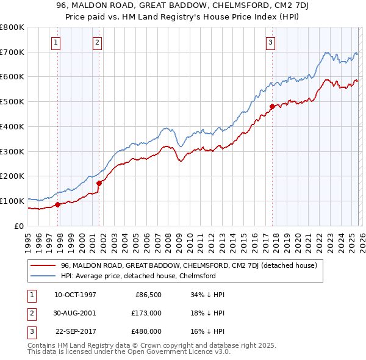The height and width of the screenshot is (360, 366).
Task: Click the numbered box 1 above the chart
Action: (x=56, y=42)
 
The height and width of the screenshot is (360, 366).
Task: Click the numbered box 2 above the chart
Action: (x=97, y=42)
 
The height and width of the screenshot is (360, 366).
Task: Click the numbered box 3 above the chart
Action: (x=270, y=42)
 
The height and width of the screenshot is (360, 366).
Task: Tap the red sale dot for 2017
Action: (x=272, y=106)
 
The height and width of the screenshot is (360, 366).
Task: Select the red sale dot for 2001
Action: (x=99, y=182)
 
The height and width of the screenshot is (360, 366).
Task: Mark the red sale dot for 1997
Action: (x=58, y=204)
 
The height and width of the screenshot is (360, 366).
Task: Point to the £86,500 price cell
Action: (x=147, y=295)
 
